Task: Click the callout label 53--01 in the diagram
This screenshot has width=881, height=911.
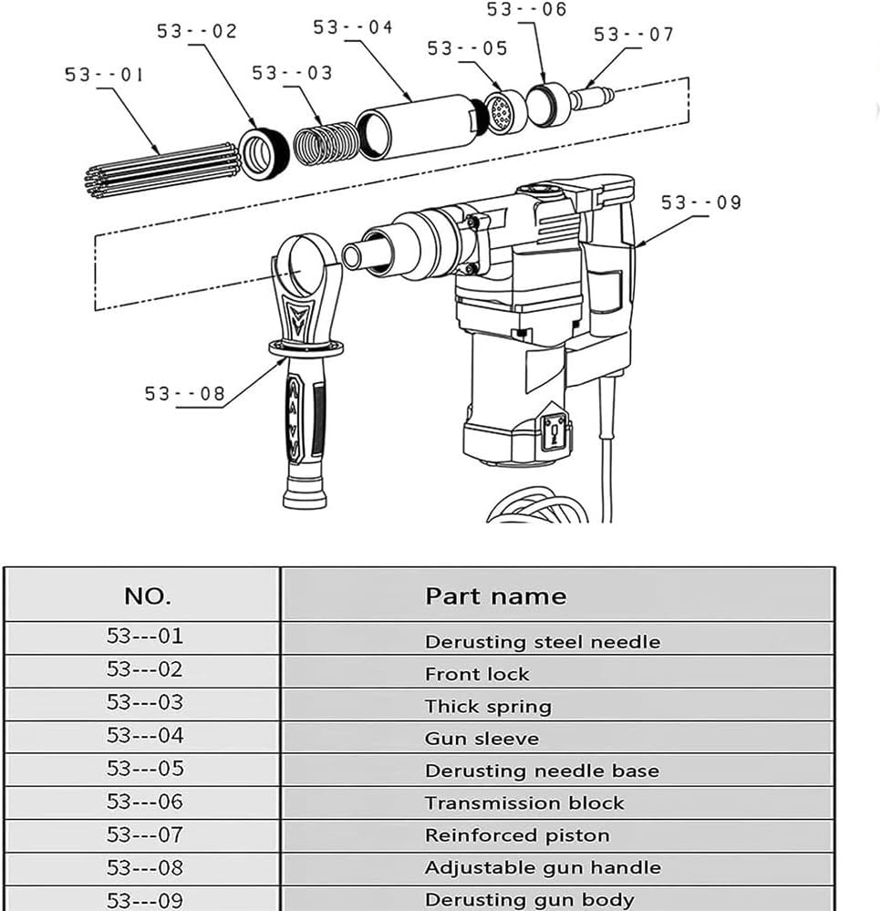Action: (104, 74)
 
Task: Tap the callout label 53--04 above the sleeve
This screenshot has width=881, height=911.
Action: (353, 27)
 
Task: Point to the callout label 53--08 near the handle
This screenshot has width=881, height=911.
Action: (184, 394)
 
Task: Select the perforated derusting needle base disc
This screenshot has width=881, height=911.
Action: (504, 113)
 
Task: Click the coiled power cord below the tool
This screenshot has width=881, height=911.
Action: (538, 506)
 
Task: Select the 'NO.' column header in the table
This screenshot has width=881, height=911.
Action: (147, 596)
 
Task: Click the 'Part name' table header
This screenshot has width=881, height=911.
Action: (495, 596)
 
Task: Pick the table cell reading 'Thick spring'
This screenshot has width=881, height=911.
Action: (488, 707)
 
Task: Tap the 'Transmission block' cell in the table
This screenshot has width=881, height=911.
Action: (524, 803)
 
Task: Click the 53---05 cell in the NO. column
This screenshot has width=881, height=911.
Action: (145, 769)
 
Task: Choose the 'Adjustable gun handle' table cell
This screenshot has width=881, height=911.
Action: (543, 867)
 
